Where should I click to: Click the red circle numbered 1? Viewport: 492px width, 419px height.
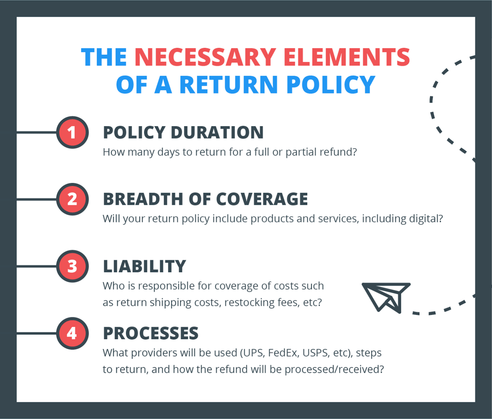click(x=72, y=132)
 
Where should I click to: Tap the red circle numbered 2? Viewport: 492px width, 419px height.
click(x=72, y=199)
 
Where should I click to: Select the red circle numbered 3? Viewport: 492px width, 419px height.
click(x=72, y=266)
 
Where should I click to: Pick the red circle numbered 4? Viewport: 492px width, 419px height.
click(x=72, y=333)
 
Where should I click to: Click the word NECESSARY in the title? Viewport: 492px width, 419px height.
click(x=205, y=57)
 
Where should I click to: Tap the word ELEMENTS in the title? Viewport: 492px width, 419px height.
click(x=346, y=57)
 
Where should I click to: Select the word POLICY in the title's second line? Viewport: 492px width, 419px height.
click(x=330, y=85)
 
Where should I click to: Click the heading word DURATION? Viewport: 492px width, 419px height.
click(x=217, y=132)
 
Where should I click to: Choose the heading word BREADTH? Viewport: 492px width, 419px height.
click(x=142, y=199)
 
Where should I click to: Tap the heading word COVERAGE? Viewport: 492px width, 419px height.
click(x=262, y=199)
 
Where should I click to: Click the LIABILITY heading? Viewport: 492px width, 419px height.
click(x=144, y=266)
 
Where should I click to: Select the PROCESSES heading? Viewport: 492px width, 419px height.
click(x=150, y=333)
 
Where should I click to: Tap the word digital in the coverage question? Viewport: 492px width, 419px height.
click(x=424, y=219)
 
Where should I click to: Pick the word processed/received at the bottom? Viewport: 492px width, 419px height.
click(x=334, y=369)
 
